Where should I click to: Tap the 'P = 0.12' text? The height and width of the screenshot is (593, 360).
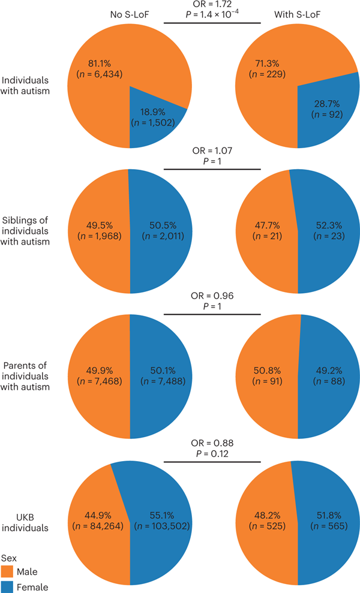[x=212, y=452]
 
